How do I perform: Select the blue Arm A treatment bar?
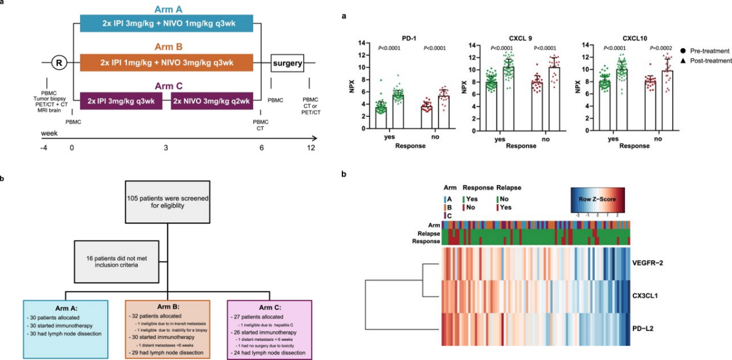coord(166,24)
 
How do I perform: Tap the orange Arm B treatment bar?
coord(166,62)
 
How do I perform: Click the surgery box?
coord(288,63)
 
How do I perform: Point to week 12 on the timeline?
coord(311,149)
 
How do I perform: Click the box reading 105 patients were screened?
coord(168,203)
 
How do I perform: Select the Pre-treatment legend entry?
coord(704,51)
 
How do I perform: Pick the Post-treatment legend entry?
coord(706,60)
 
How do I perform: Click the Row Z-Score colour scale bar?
coord(598,200)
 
